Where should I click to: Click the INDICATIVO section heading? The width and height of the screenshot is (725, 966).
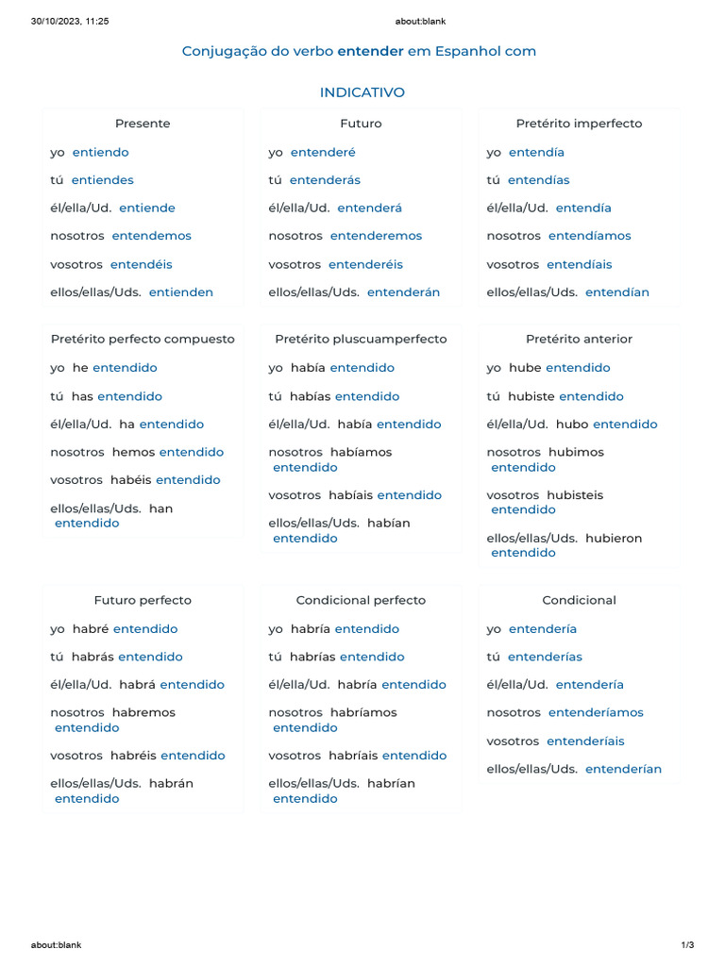(362, 92)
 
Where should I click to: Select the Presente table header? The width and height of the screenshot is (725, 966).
(143, 124)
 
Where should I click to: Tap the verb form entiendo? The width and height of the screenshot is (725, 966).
(100, 152)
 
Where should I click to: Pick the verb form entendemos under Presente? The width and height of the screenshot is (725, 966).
(151, 236)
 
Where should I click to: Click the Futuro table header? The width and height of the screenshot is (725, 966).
(361, 124)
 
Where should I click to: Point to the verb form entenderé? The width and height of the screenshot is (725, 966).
(323, 152)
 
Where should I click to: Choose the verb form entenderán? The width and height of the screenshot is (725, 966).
(403, 292)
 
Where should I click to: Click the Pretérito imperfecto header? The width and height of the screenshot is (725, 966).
(579, 124)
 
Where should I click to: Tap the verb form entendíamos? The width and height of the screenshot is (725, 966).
(589, 236)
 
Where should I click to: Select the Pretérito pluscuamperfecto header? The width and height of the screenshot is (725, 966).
(361, 339)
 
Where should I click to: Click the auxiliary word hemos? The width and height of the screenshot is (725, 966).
(133, 452)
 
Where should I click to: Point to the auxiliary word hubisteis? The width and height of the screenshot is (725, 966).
(575, 495)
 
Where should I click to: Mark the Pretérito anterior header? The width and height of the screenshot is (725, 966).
(579, 339)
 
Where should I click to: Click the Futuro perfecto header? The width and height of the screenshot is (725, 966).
(143, 600)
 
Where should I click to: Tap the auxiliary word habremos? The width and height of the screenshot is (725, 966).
(143, 712)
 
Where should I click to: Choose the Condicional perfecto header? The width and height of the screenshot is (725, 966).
(361, 600)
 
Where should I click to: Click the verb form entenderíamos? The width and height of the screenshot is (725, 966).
(596, 712)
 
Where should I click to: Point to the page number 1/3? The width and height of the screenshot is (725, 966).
(687, 944)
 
